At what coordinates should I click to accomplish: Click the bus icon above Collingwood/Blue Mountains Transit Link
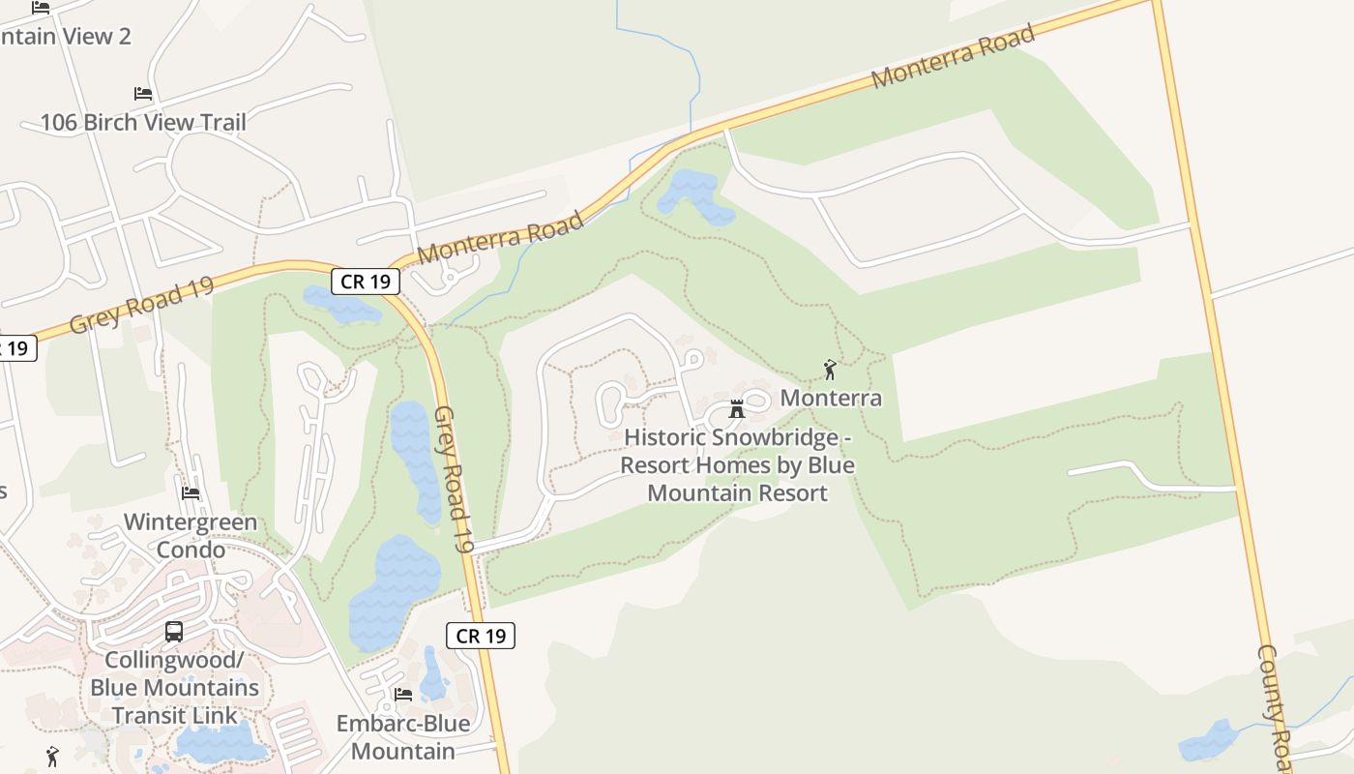point(174,632)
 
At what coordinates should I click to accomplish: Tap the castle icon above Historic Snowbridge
point(737,408)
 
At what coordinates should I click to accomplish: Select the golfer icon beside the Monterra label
point(829,370)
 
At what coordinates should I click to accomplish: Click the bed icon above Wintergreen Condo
point(191,493)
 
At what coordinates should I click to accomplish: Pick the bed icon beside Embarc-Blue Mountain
point(403,695)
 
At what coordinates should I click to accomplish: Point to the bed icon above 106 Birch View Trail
point(143,94)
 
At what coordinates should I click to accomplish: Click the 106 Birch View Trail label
point(143,122)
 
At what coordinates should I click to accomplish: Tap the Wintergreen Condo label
point(191,536)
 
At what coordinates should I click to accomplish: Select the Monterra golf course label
point(831,398)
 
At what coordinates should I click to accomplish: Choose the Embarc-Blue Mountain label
point(402,737)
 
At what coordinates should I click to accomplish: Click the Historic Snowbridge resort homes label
point(737,465)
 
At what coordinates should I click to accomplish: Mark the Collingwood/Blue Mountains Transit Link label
point(174,688)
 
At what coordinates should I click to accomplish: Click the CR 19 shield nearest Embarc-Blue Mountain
point(481,636)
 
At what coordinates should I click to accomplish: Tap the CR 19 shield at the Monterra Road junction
point(366,282)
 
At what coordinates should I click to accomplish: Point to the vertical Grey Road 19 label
point(453,479)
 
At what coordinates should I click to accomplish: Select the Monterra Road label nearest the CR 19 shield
point(501,238)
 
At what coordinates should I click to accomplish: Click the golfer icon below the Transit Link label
point(52,756)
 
